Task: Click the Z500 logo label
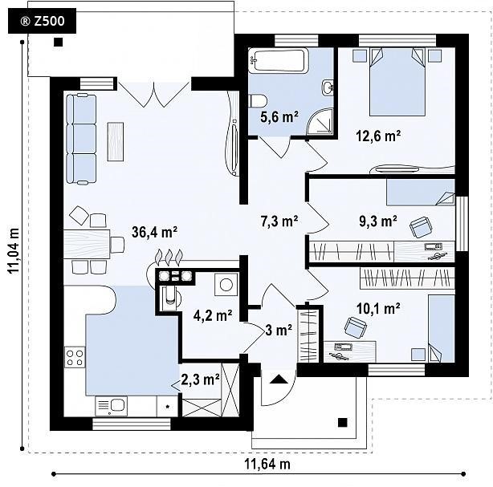[42, 21]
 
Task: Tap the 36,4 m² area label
[154, 232]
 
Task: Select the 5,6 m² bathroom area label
[279, 117]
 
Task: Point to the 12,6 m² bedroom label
[378, 136]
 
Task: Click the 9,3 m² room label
[378, 221]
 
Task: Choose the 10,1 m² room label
[378, 309]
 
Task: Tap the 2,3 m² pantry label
[200, 379]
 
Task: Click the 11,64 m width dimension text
[267, 464]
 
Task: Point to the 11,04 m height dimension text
[14, 251]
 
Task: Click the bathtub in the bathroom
[279, 61]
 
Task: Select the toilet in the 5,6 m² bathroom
[258, 101]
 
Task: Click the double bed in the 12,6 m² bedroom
[397, 82]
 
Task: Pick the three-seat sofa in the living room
[81, 139]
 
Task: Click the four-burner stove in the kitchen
[75, 357]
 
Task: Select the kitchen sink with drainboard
[111, 406]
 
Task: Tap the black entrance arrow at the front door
[279, 379]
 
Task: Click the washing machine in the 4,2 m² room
[226, 284]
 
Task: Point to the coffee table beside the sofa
[116, 141]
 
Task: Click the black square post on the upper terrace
[58, 42]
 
